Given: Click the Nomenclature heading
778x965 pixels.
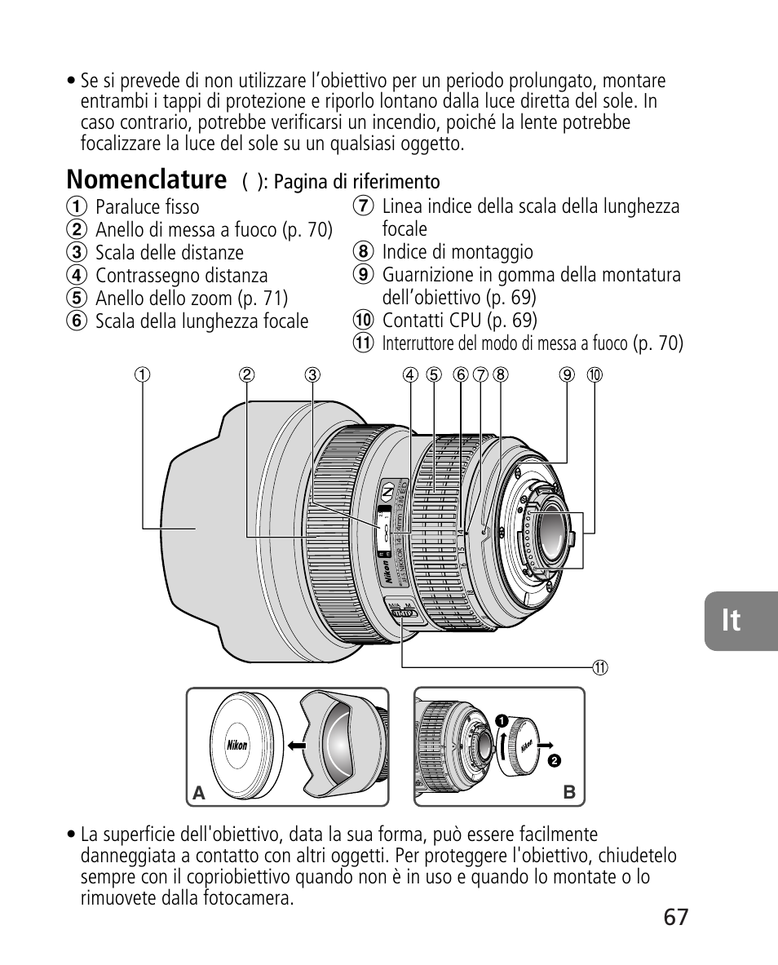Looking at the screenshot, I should pos(147,179).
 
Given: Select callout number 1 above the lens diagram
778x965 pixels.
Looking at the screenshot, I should pos(143,375).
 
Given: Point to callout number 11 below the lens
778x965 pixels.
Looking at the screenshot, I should pos(600,667).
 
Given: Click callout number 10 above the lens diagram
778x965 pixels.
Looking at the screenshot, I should pos(595,375).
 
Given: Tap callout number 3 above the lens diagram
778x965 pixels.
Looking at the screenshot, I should pos(312,375).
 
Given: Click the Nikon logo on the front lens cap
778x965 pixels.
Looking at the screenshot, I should pos(237,745).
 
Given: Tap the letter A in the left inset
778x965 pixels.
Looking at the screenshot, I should pos(197,792).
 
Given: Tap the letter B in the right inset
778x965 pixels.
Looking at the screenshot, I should pos(569,792).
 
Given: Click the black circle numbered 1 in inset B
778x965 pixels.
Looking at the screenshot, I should pos(502,720).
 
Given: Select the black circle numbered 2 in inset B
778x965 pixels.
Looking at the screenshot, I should pos(553,760).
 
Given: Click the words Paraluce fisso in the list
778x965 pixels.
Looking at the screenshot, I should pos(147,207).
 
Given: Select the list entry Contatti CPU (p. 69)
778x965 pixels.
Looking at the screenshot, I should pos(459,320).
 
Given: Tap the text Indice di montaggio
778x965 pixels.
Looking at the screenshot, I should pos(458,252).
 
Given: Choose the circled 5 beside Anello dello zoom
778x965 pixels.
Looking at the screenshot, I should pos(77,299).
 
